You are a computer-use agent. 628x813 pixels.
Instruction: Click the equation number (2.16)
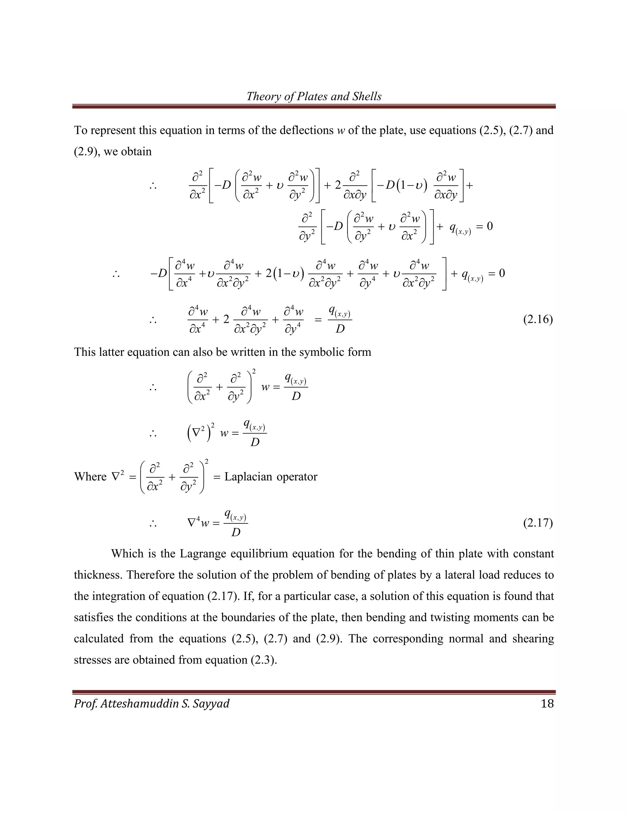(x=538, y=319)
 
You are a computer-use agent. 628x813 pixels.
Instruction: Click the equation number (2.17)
(x=538, y=523)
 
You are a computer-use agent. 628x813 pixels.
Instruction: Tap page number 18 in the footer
(x=547, y=703)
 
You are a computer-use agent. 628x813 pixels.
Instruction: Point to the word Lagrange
(x=201, y=554)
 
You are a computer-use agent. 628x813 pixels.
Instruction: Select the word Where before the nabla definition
(x=90, y=477)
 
